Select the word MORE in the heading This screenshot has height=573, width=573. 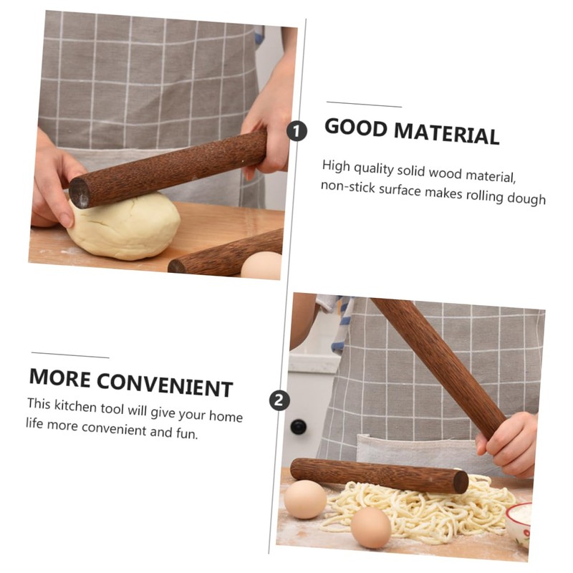pyautogui.click(x=60, y=377)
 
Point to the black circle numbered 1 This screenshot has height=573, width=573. pyautogui.click(x=297, y=131)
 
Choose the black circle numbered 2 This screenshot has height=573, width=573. pyautogui.click(x=279, y=400)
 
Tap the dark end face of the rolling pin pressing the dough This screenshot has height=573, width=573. pyautogui.click(x=80, y=194)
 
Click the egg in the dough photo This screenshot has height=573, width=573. pyautogui.click(x=261, y=265)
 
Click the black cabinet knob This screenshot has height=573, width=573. pyautogui.click(x=298, y=427)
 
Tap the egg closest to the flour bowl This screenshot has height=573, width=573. pyautogui.click(x=371, y=528)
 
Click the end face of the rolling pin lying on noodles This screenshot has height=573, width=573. pyautogui.click(x=461, y=482)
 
